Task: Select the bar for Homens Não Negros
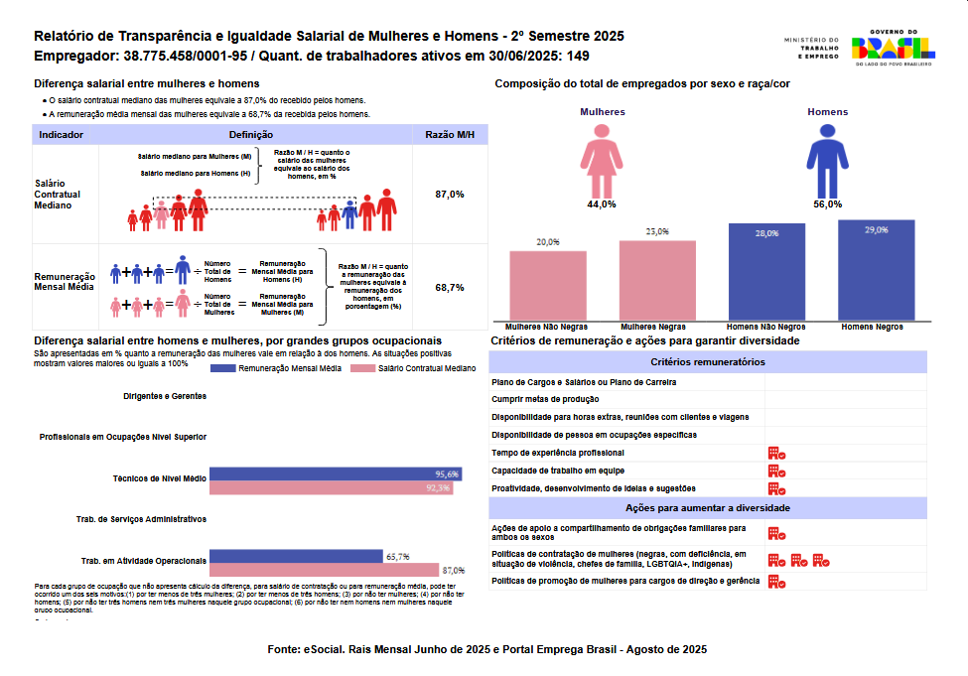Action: point(765,272)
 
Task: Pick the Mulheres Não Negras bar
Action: point(548,285)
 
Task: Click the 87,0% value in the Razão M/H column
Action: point(449,195)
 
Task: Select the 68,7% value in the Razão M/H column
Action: point(449,287)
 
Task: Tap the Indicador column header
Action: point(61,134)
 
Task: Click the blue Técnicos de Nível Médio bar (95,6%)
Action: point(336,473)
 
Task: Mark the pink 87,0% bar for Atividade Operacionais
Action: point(325,570)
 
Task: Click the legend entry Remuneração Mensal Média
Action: point(276,368)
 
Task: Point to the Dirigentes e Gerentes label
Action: point(165,395)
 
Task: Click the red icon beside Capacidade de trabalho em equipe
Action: point(776,471)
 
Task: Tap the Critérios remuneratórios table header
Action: point(708,362)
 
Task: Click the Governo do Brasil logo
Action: point(894,47)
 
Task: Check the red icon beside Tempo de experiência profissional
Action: point(776,453)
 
